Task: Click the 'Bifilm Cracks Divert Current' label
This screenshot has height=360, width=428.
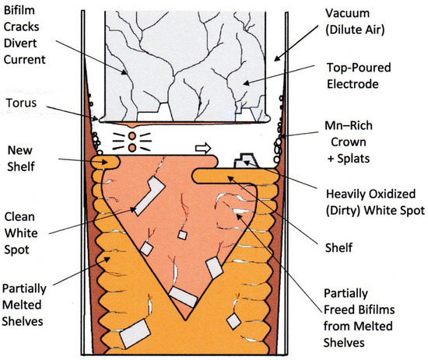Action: click(x=30, y=35)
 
